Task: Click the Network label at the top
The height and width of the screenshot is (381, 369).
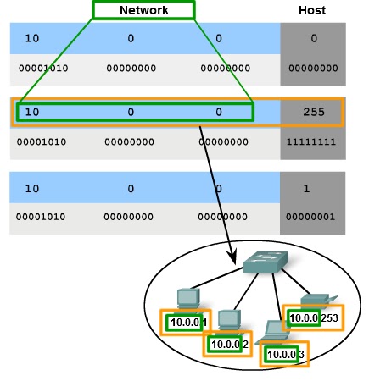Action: point(143,10)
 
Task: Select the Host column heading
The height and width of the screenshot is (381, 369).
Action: point(312,10)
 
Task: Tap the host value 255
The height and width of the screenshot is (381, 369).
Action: point(312,112)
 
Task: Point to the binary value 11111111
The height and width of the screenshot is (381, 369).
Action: point(312,142)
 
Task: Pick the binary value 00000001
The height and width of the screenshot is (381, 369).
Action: point(312,217)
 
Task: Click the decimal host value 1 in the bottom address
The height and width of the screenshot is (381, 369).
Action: point(312,187)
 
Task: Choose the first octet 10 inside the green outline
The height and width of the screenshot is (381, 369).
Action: point(31,112)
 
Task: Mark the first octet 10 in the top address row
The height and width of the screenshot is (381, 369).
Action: point(31,38)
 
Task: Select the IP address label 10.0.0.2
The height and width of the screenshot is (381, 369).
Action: point(228,344)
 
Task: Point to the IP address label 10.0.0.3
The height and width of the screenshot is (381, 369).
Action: point(284,353)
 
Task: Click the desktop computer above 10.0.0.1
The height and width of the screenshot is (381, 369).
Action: point(187,299)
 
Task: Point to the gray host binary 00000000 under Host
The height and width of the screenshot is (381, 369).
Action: point(312,68)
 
